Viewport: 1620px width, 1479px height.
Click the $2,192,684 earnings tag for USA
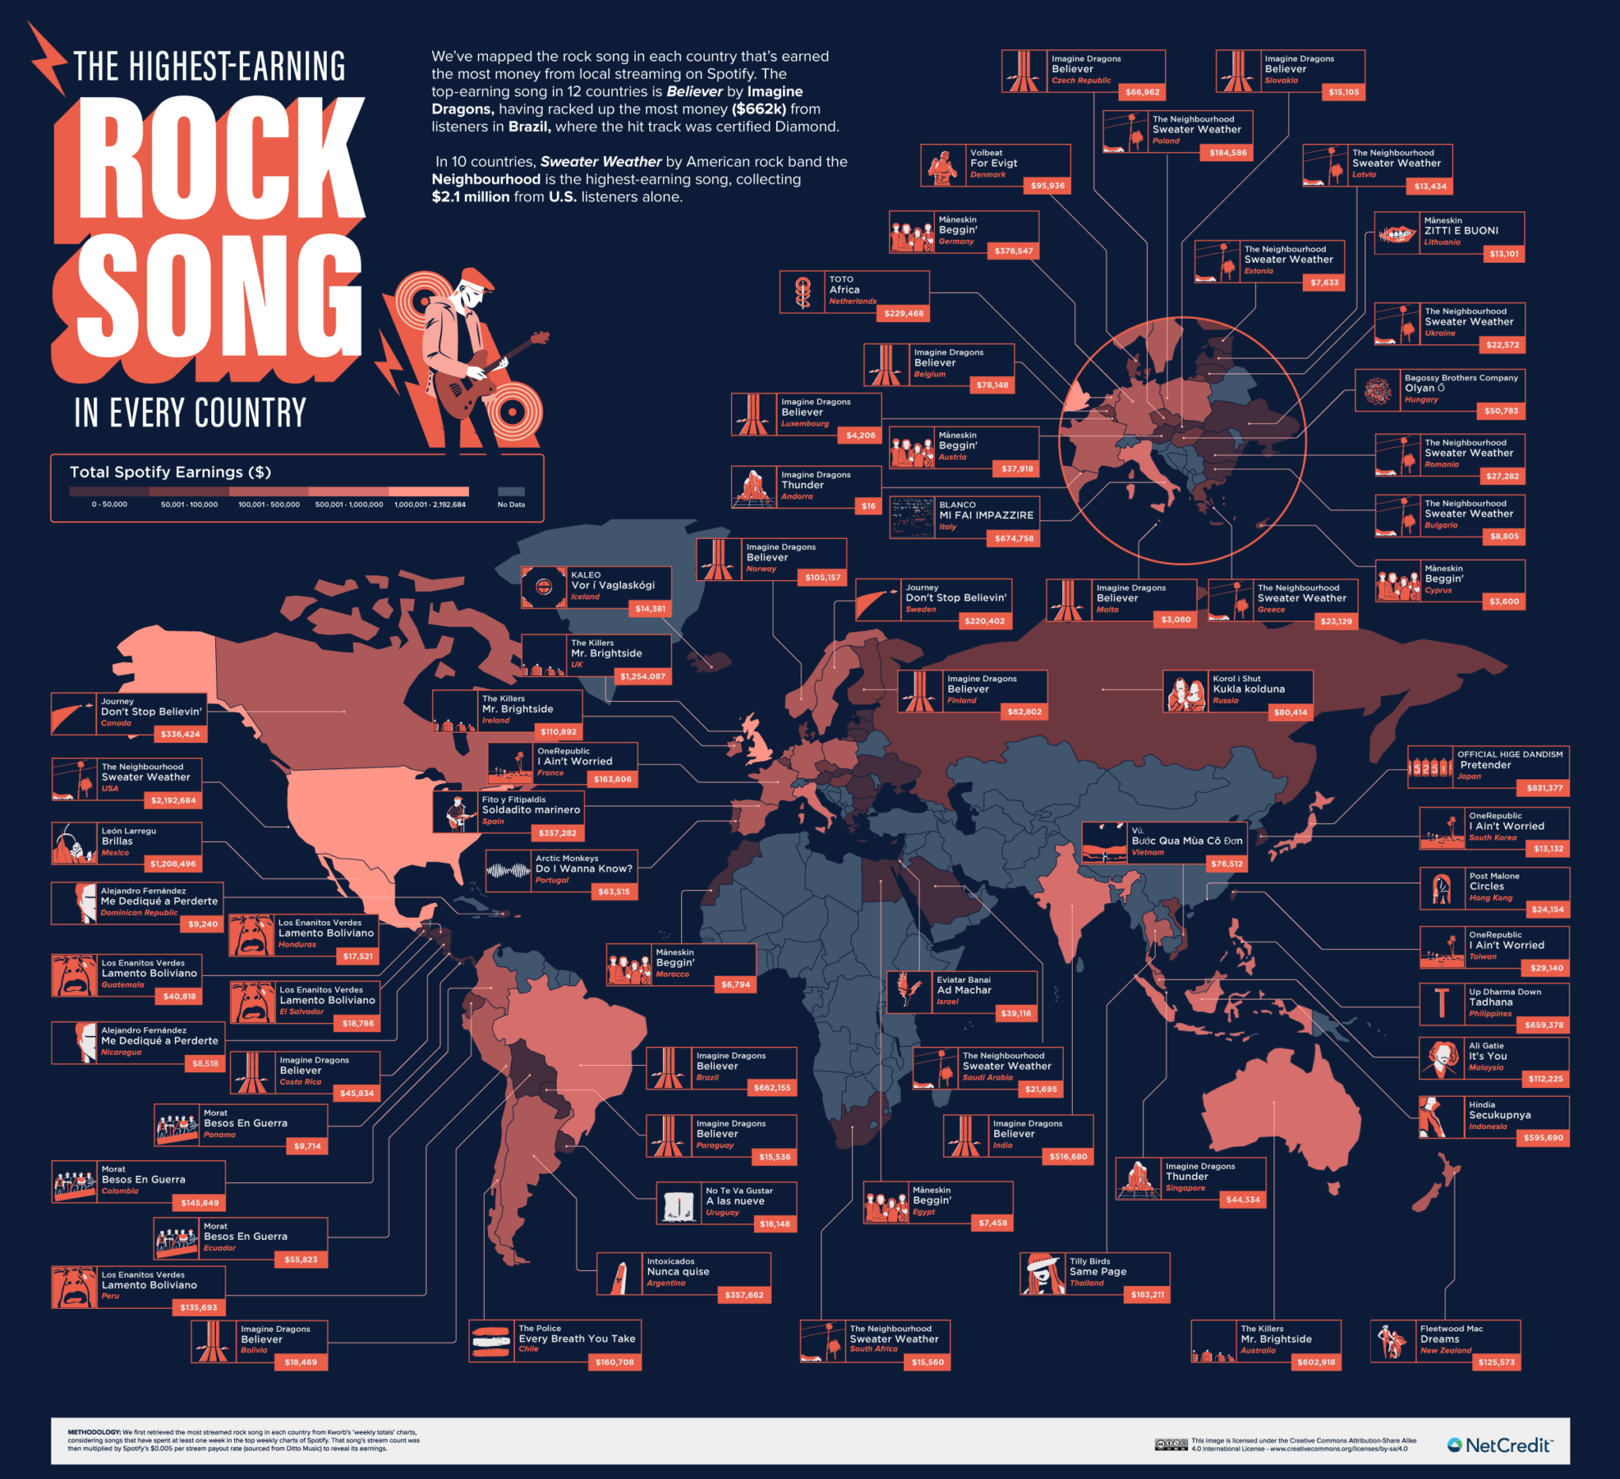pyautogui.click(x=173, y=801)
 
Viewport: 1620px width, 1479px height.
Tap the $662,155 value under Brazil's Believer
pyautogui.click(x=771, y=1087)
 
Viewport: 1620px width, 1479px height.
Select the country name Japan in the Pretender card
pyautogui.click(x=1469, y=776)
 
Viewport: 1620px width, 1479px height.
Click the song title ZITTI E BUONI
pyautogui.click(x=1461, y=231)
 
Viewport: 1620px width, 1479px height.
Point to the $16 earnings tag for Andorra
pyautogui.click(x=869, y=506)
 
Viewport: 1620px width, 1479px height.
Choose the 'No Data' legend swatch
pyautogui.click(x=511, y=492)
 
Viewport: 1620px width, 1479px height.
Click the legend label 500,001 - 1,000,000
pyautogui.click(x=349, y=505)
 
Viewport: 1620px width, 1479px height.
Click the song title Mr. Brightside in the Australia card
pyautogui.click(x=1276, y=1339)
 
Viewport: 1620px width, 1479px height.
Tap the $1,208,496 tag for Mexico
pyautogui.click(x=172, y=864)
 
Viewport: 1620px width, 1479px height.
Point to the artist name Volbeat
pyautogui.click(x=986, y=153)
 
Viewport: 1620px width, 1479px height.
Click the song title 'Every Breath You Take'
pyautogui.click(x=577, y=1339)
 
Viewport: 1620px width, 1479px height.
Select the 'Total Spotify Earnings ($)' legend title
pyautogui.click(x=170, y=472)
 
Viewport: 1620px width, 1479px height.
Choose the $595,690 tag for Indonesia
pyautogui.click(x=1543, y=1137)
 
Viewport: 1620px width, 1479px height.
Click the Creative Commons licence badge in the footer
pyautogui.click(x=1171, y=1444)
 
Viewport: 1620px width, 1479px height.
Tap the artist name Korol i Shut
pyautogui.click(x=1236, y=678)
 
